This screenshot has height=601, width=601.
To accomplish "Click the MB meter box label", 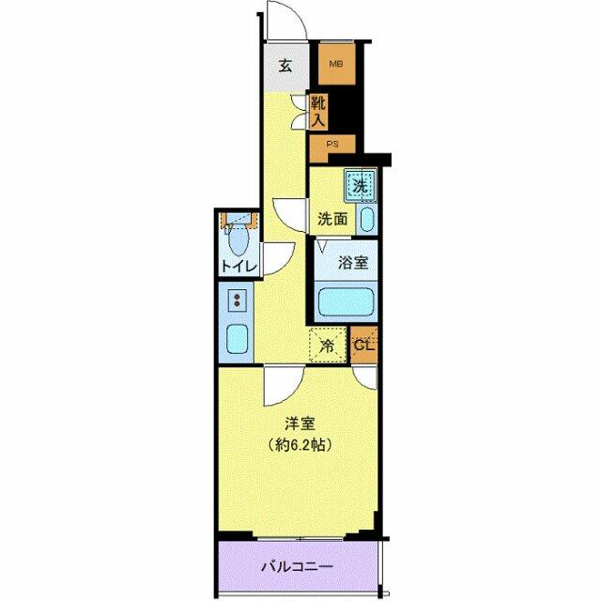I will (x=334, y=66).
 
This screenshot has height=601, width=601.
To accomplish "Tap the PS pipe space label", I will (x=332, y=144).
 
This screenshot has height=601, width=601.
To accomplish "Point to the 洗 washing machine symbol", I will (x=360, y=185).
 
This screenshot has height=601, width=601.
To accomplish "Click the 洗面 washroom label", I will (x=331, y=220).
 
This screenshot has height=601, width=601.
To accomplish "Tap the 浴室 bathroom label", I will (x=352, y=264).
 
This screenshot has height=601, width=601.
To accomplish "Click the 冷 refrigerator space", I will (x=327, y=346).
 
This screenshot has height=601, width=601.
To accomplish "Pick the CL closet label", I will (x=364, y=345).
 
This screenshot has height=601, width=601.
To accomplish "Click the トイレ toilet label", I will (x=239, y=267).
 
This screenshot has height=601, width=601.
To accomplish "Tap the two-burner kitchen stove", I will (x=238, y=301).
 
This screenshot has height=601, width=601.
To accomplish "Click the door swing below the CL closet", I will (x=368, y=378).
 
